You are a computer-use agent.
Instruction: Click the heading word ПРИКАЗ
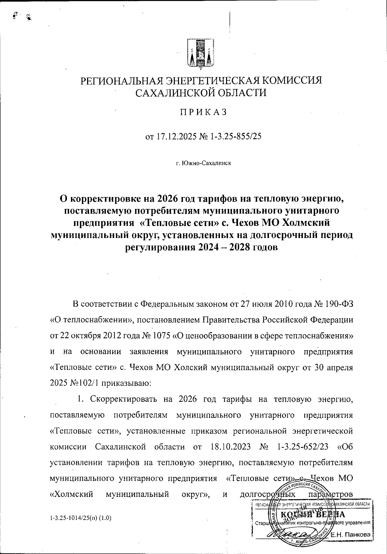[x=203, y=112]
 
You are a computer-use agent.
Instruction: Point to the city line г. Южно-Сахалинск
[x=203, y=163]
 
